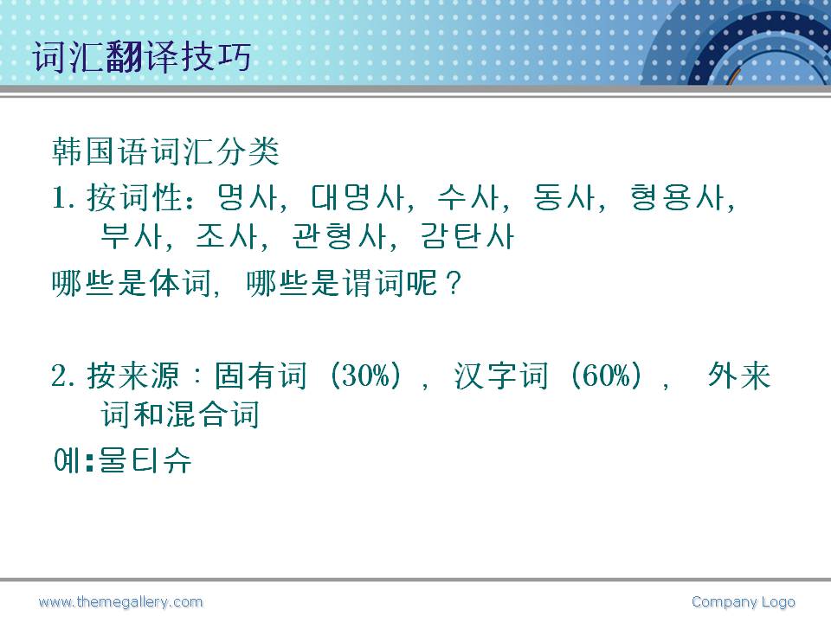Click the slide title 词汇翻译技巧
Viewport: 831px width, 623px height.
pos(141,56)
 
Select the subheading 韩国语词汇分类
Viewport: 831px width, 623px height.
pos(165,151)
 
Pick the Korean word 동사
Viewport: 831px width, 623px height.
pos(565,197)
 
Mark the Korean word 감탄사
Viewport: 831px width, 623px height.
pos(467,236)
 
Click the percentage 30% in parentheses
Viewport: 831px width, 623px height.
pos(365,376)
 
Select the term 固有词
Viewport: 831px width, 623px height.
pos(261,376)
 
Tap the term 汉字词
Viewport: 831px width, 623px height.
pos(501,376)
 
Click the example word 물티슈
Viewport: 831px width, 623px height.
pos(145,459)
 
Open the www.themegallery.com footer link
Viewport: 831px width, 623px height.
pos(121,602)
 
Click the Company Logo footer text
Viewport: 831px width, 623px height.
pos(743,602)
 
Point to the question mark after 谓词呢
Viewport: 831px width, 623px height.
pos(454,284)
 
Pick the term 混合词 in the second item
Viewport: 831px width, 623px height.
pos(212,414)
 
